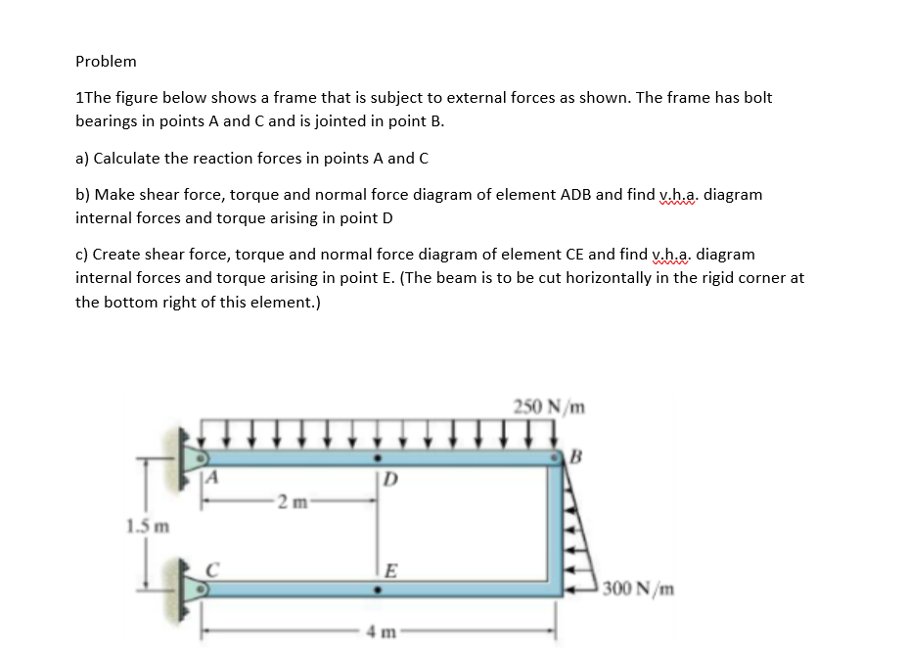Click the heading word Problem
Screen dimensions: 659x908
pos(106,61)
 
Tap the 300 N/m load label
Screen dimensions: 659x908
pos(636,588)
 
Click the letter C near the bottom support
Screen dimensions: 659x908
pos(209,566)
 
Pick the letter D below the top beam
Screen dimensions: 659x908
pos(390,481)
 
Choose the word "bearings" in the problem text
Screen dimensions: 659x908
pos(105,121)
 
